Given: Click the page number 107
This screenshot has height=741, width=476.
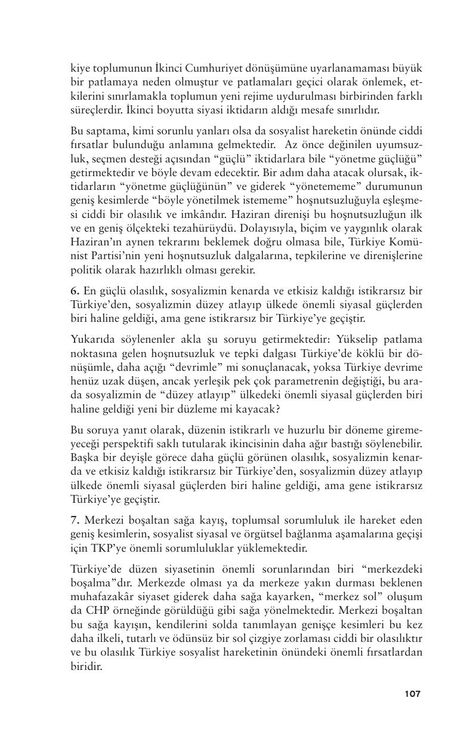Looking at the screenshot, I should point(412,694).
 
